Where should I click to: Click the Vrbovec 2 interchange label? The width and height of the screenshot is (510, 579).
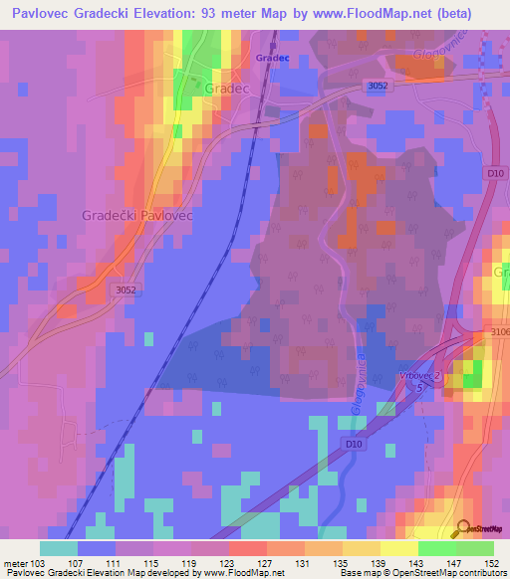(419, 374)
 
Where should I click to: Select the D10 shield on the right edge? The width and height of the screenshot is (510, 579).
(495, 173)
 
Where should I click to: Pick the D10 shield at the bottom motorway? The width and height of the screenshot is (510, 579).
(353, 443)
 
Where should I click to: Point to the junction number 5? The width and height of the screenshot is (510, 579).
(419, 387)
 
